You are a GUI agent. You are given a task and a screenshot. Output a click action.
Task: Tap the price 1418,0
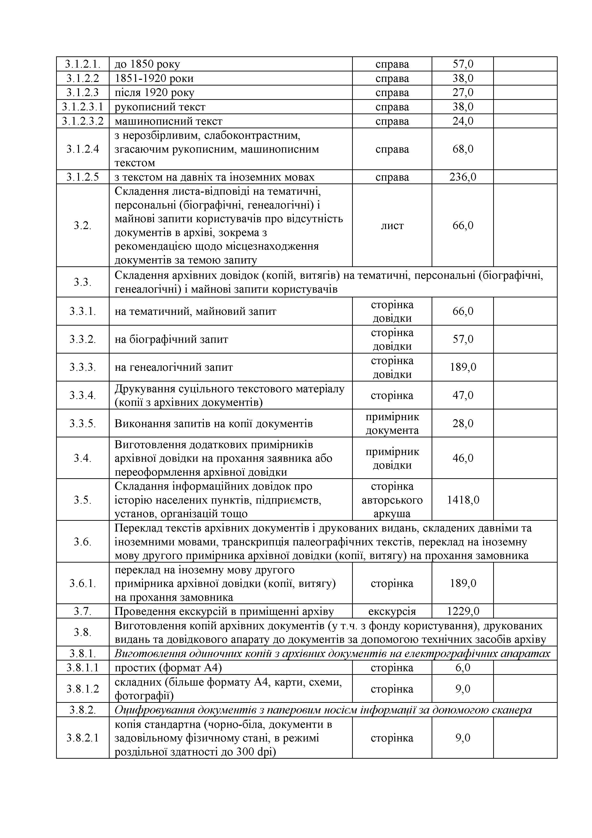tap(463, 500)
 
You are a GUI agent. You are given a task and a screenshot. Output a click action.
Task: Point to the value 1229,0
tap(463, 611)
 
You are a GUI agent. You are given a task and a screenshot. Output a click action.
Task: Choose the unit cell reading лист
tap(392, 226)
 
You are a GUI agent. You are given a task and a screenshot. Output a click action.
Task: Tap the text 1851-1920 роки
tap(154, 78)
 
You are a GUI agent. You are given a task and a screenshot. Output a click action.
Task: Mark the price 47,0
tap(463, 395)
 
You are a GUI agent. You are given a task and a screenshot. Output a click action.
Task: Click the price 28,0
tap(463, 423)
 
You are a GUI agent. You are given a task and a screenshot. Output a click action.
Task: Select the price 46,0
tap(463, 458)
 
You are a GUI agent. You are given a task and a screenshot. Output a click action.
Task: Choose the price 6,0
tap(463, 667)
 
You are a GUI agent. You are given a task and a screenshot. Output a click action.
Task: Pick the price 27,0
tap(463, 93)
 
